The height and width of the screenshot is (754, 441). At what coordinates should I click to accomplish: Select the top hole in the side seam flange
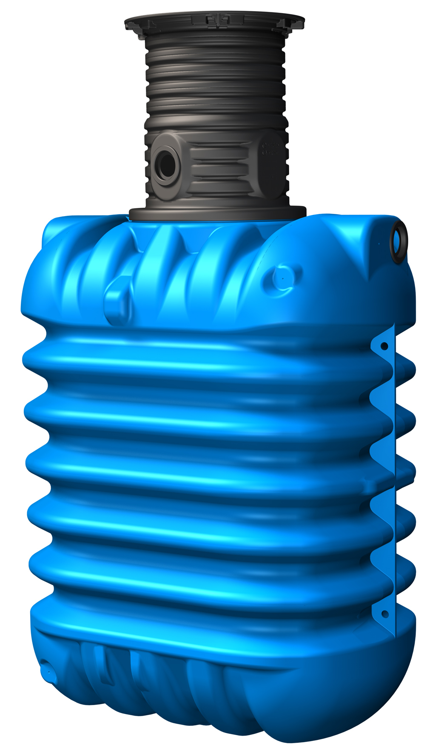point(384,346)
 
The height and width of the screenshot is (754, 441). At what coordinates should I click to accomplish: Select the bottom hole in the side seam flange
point(384,614)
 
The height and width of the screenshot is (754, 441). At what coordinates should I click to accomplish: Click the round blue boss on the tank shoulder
point(281,277)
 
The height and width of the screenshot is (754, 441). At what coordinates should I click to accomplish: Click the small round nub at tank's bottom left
point(47,673)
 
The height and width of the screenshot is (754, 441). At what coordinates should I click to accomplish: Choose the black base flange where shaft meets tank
point(217,213)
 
